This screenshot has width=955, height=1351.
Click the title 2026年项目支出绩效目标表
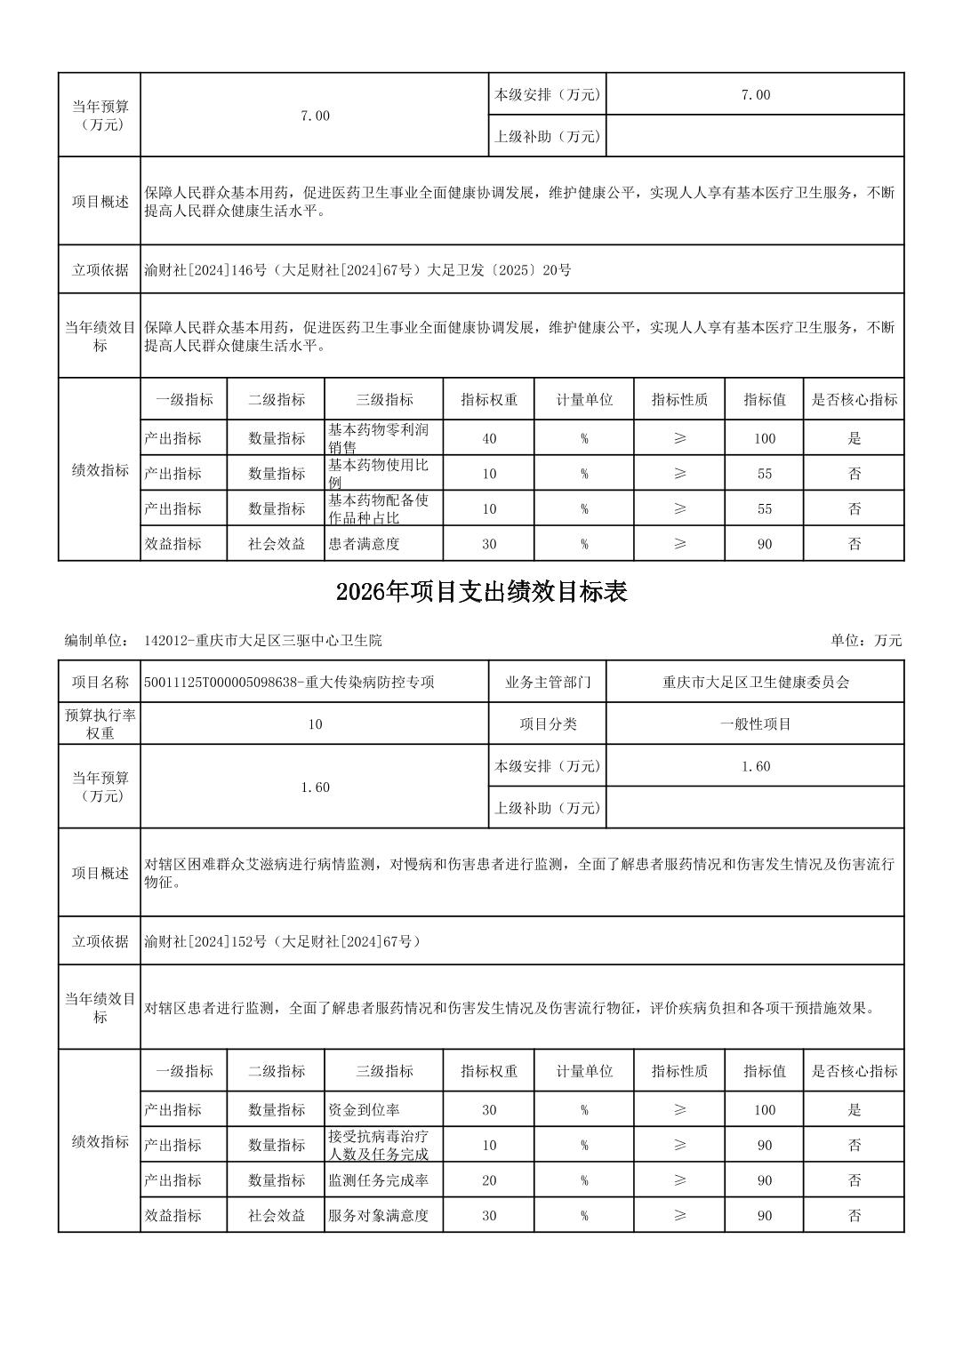[x=481, y=593]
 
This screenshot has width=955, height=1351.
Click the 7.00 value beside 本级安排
[x=755, y=94]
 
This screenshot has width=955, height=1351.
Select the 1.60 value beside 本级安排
[x=755, y=766]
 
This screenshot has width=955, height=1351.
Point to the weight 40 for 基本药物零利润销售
[x=489, y=438]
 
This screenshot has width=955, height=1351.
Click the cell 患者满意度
[x=364, y=544]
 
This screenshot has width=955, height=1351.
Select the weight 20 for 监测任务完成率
[x=489, y=1180]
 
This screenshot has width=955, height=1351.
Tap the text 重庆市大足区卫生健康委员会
[x=755, y=683]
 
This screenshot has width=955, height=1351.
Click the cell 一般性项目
[x=755, y=724]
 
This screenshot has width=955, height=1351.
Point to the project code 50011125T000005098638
[x=221, y=683]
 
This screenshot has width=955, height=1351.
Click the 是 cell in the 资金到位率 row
[x=854, y=1109]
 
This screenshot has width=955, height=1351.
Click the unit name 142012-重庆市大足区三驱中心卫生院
[x=262, y=640]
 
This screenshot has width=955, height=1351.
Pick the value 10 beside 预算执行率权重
[x=315, y=724]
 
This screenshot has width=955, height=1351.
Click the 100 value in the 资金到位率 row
[x=764, y=1109]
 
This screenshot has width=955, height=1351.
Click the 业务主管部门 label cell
[x=547, y=683]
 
